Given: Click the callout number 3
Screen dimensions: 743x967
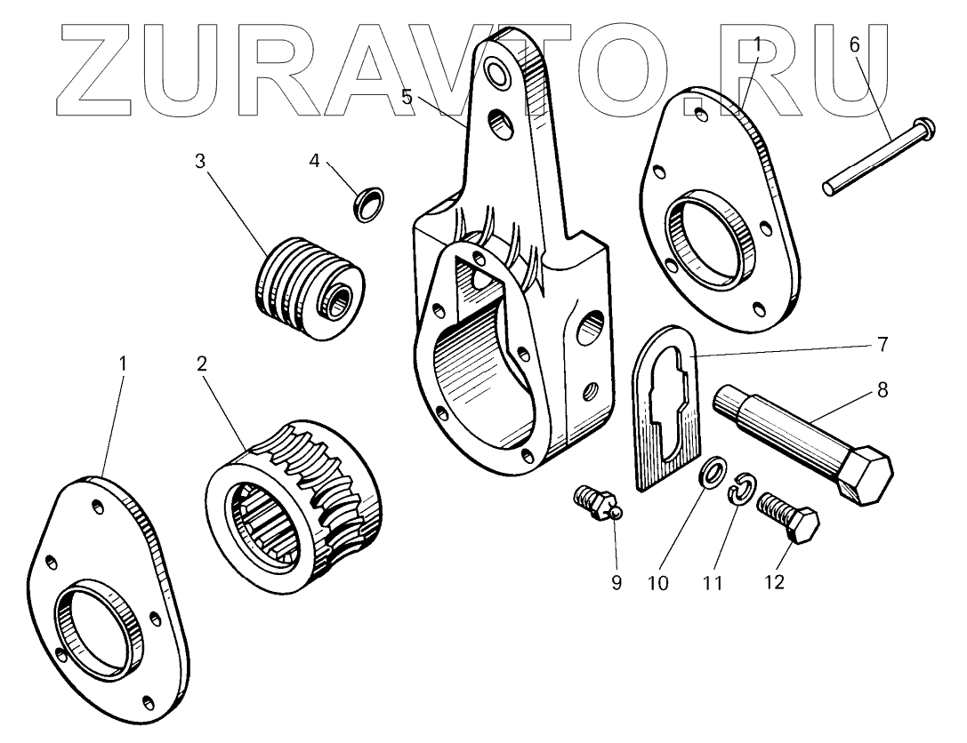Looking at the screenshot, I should coord(200,161).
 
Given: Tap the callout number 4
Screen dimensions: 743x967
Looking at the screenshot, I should coord(314,161).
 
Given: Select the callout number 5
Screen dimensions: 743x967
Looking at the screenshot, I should coord(407,97).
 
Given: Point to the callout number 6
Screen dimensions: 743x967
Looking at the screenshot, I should coord(855,44).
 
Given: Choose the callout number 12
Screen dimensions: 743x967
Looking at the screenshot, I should coord(774,582).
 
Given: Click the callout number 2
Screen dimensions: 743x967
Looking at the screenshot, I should coord(202,363).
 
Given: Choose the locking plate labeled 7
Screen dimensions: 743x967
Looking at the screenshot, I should coord(667,409).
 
